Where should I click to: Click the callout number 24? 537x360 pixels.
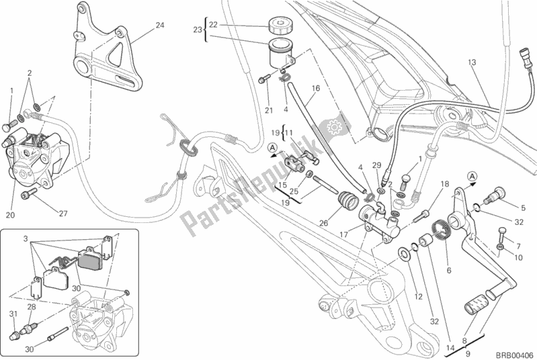[159, 26]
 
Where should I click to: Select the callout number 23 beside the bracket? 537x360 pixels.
[197, 30]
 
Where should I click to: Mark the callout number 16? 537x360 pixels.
[315, 88]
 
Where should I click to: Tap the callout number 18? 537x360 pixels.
[444, 183]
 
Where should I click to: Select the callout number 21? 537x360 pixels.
[269, 110]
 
